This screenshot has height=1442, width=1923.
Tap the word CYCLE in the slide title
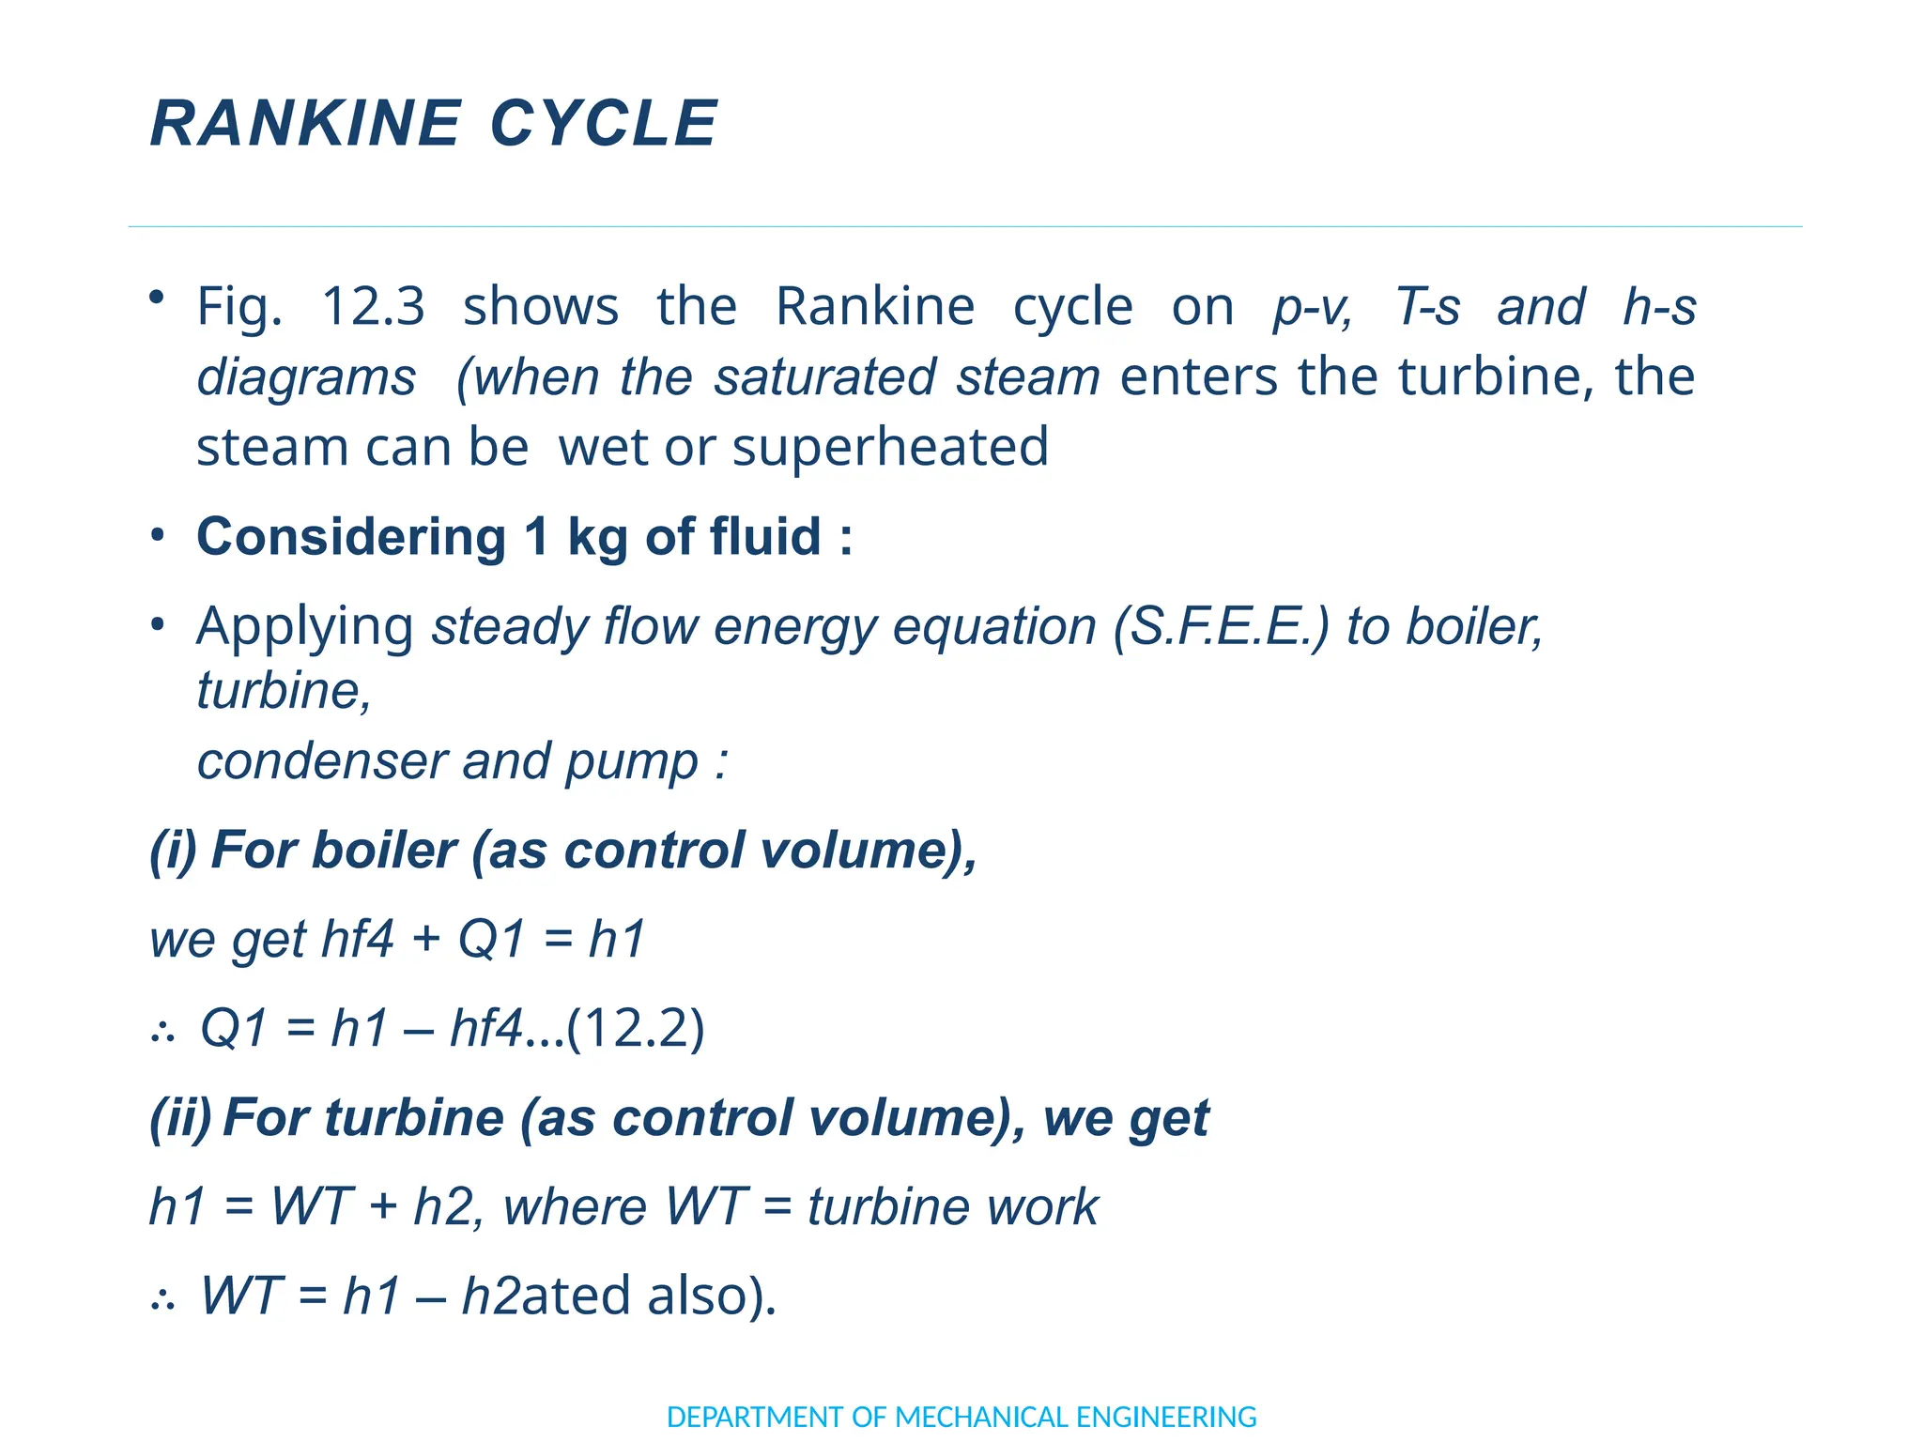pyautogui.click(x=604, y=124)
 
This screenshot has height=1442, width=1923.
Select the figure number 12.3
pyautogui.click(x=373, y=306)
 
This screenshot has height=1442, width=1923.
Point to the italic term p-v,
pyautogui.click(x=1312, y=308)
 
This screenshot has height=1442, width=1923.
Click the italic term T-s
pyautogui.click(x=1427, y=306)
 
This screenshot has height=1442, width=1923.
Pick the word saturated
pyautogui.click(x=824, y=377)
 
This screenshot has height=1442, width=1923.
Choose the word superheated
pyautogui.click(x=890, y=448)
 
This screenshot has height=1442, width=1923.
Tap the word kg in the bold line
pyautogui.click(x=598, y=537)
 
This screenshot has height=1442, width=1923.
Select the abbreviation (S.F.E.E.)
pyautogui.click(x=1221, y=626)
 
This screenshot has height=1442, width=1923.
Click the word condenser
pyautogui.click(x=321, y=760)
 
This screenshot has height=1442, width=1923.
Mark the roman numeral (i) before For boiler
pyautogui.click(x=174, y=851)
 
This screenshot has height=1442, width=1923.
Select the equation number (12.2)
pyautogui.click(x=636, y=1029)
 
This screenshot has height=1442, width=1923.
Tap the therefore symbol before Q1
pyautogui.click(x=162, y=1033)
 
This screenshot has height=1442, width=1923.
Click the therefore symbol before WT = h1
pyautogui.click(x=162, y=1300)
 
